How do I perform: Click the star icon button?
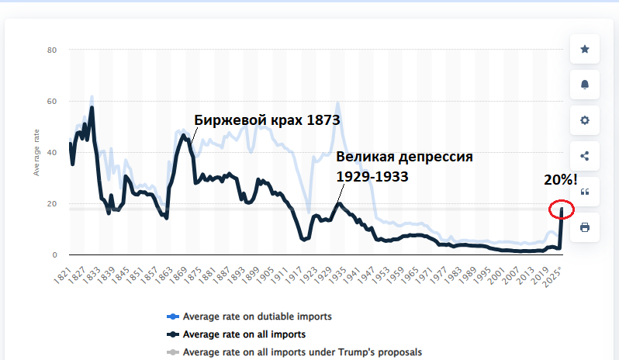pos(585,49)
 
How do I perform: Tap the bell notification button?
pos(585,85)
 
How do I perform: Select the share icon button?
pos(585,156)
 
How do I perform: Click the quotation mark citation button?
pos(585,192)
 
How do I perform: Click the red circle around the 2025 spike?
pos(561,209)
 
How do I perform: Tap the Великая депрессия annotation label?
pos(404,157)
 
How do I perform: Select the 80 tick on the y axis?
pos(53,50)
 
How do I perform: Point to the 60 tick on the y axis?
pos(53,102)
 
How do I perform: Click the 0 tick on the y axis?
pos(54,254)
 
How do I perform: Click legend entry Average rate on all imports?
pos(244,334)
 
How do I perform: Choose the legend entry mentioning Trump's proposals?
pos(302,352)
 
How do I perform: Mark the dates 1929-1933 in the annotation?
pos(372,176)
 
